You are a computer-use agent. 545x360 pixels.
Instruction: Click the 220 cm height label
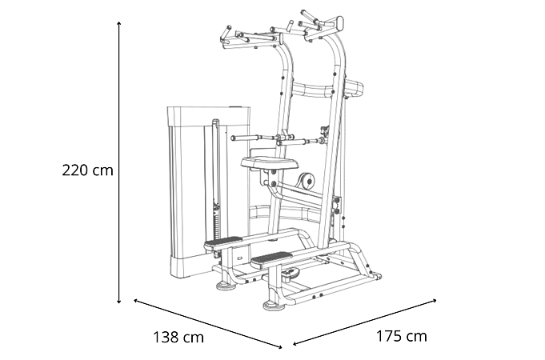click(87, 170)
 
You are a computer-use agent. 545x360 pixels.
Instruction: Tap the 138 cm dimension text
click(178, 337)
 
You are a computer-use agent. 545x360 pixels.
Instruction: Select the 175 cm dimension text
click(402, 336)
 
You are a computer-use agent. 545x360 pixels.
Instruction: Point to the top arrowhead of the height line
click(119, 23)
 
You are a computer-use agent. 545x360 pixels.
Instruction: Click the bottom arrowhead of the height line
click(119, 302)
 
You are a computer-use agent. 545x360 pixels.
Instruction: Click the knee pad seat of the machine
click(270, 162)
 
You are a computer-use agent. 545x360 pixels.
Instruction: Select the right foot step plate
click(271, 258)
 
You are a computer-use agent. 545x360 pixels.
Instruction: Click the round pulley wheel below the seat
click(307, 180)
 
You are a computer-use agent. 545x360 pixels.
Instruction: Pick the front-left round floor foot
click(226, 286)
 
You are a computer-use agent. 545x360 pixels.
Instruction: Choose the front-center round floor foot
click(274, 306)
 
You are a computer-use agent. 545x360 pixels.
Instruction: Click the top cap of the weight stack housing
click(209, 116)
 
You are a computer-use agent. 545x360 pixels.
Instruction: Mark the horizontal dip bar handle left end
click(234, 138)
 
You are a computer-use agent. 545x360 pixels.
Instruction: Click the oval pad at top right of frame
click(339, 24)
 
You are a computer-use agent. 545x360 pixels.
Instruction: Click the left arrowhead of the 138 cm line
click(136, 301)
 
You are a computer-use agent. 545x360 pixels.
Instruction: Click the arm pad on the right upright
click(354, 87)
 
